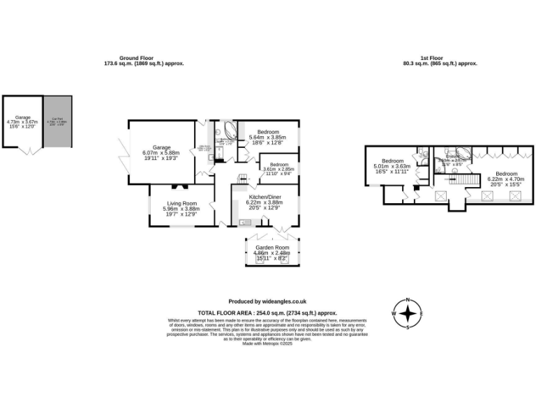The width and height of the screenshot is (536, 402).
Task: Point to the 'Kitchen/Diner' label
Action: click(x=265, y=198)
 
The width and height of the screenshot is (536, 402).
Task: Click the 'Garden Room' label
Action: click(x=271, y=248)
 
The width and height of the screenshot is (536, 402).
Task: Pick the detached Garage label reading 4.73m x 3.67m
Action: click(x=22, y=118)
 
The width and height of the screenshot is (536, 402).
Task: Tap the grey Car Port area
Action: click(x=57, y=121)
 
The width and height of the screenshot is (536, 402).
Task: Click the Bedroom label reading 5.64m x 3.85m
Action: click(x=268, y=132)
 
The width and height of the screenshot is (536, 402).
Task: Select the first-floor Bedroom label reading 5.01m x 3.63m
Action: click(x=392, y=161)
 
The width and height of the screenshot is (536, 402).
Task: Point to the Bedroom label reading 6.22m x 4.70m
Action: click(x=506, y=174)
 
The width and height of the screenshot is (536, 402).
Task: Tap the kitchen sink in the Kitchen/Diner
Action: click(x=245, y=223)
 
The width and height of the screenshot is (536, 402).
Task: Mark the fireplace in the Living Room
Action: click(x=179, y=186)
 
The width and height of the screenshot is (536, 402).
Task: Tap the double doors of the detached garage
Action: click(x=29, y=151)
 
